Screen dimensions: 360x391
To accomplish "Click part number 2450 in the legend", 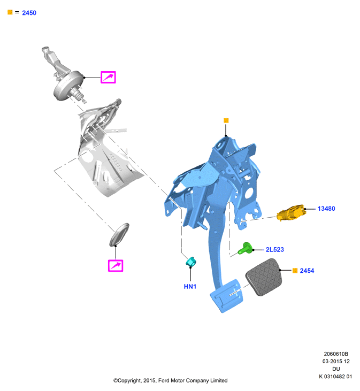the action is click(x=29, y=13).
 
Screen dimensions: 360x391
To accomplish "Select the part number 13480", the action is click(x=326, y=209).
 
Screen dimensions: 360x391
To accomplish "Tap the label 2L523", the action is click(x=275, y=249).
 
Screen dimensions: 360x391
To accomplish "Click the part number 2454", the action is click(x=307, y=271).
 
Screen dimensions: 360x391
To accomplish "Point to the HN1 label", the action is click(x=190, y=287).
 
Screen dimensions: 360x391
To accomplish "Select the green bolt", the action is click(x=246, y=248).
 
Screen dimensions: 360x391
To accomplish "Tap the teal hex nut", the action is click(x=191, y=262).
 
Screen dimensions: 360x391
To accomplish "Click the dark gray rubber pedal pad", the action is click(x=264, y=277).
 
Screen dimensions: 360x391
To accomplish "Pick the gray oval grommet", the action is click(x=119, y=234).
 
